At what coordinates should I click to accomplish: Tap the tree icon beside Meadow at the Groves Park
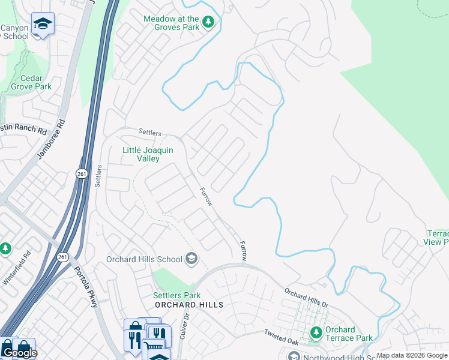click(x=208, y=23)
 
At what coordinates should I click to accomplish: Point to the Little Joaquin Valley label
click(x=148, y=154)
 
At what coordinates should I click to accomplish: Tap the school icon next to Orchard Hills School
click(x=191, y=259)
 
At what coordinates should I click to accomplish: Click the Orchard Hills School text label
click(x=144, y=259)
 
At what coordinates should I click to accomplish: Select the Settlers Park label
click(x=176, y=295)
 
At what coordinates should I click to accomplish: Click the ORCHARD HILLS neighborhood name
click(x=189, y=305)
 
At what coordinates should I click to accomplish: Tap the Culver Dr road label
click(x=184, y=326)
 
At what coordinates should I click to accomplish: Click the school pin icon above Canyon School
click(x=43, y=23)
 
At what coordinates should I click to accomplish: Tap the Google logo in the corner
click(x=19, y=353)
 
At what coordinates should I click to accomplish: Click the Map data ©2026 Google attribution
click(x=412, y=355)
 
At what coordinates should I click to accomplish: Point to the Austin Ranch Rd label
click(x=24, y=130)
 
